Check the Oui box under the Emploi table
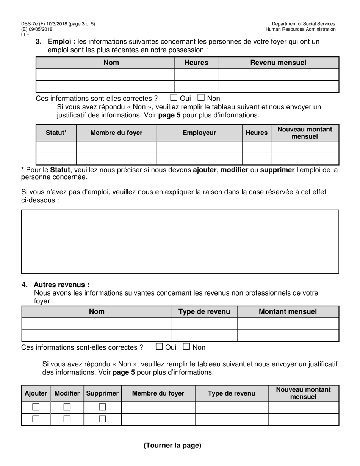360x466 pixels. pyautogui.click(x=174, y=98)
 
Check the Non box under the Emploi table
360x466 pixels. pyautogui.click(x=201, y=98)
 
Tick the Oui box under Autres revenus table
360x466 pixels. pyautogui.click(x=160, y=346)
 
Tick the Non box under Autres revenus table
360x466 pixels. pyautogui.click(x=186, y=346)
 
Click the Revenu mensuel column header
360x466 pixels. pyautogui.click(x=278, y=63)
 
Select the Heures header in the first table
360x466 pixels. pyautogui.click(x=196, y=63)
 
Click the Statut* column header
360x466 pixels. pyautogui.click(x=56, y=133)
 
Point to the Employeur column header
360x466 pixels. pyautogui.click(x=199, y=133)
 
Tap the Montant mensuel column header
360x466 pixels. pyautogui.click(x=288, y=311)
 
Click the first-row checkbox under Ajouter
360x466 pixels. pyautogui.click(x=36, y=407)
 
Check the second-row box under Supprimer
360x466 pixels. pyautogui.click(x=102, y=419)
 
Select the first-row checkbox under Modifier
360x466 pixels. pyautogui.click(x=67, y=407)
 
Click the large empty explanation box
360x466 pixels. pyautogui.click(x=180, y=241)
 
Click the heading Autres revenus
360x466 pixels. pyautogui.click(x=62, y=285)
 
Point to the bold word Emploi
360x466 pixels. pyautogui.click(x=61, y=41)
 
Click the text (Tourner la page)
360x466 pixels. pyautogui.click(x=172, y=446)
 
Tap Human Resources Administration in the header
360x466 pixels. pyautogui.click(x=300, y=29)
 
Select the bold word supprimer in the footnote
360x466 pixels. pyautogui.click(x=277, y=170)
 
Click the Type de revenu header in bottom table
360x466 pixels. pyautogui.click(x=231, y=393)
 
